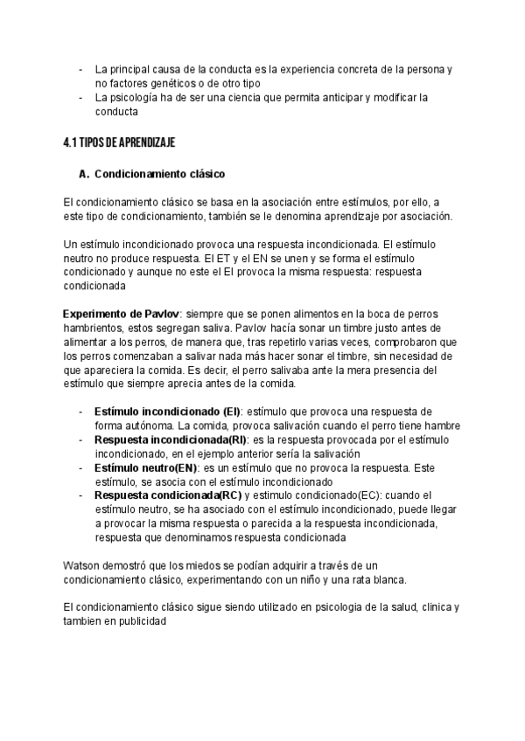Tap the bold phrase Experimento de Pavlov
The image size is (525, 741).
click(x=120, y=314)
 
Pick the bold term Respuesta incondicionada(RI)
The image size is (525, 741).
click(x=171, y=440)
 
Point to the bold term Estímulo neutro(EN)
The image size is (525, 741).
click(x=145, y=468)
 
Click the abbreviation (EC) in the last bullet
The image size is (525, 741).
click(x=372, y=496)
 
